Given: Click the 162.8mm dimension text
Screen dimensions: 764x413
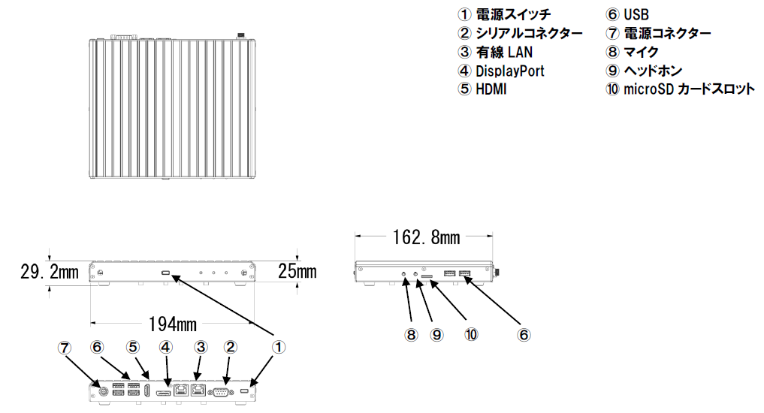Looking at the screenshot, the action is click(x=427, y=237).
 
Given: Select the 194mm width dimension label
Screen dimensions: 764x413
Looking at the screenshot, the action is click(x=173, y=324).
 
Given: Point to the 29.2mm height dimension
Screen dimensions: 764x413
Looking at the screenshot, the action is click(x=50, y=272).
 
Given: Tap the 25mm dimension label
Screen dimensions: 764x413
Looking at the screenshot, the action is click(x=297, y=271).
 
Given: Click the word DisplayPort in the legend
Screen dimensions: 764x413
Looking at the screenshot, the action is click(x=509, y=71).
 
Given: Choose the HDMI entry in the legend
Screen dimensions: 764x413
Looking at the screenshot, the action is click(x=491, y=89).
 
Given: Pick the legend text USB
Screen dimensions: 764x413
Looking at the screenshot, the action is click(x=636, y=14).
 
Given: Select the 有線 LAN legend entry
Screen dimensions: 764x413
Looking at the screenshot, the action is click(x=504, y=52).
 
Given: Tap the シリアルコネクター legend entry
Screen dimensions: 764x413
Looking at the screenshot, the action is click(x=529, y=33).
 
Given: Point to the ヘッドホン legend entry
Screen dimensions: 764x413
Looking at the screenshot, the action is click(x=653, y=71).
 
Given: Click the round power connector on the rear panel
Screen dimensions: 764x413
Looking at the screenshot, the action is click(x=104, y=390).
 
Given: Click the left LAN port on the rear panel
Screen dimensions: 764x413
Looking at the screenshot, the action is click(x=181, y=390).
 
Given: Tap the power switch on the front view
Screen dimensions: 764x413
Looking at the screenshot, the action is click(x=166, y=274).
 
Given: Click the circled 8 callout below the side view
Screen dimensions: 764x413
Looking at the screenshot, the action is click(x=411, y=335).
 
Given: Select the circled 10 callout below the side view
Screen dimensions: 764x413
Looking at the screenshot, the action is click(x=471, y=335).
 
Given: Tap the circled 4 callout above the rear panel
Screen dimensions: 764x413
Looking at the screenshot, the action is click(x=166, y=347).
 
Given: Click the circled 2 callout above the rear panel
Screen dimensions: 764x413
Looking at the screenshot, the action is click(x=231, y=347).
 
